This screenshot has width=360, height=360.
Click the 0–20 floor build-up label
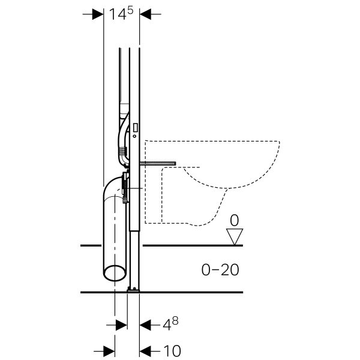pyautogui.click(x=219, y=270)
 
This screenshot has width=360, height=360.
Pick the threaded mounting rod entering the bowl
pyautogui.click(x=157, y=163)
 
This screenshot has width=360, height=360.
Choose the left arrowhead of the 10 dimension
pyautogui.click(x=108, y=349)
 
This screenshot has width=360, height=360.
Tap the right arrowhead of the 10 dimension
pyautogui.click(x=146, y=349)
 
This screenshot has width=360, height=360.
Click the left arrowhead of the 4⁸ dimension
pyautogui.click(x=120, y=325)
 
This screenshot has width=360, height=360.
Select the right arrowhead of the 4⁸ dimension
pyautogui.click(x=146, y=325)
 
